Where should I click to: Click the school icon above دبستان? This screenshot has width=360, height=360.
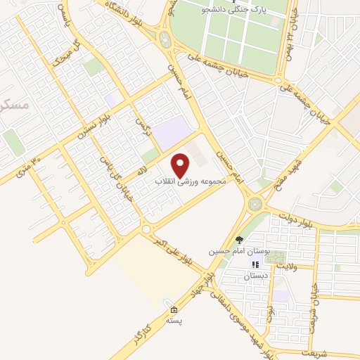(255, 265)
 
